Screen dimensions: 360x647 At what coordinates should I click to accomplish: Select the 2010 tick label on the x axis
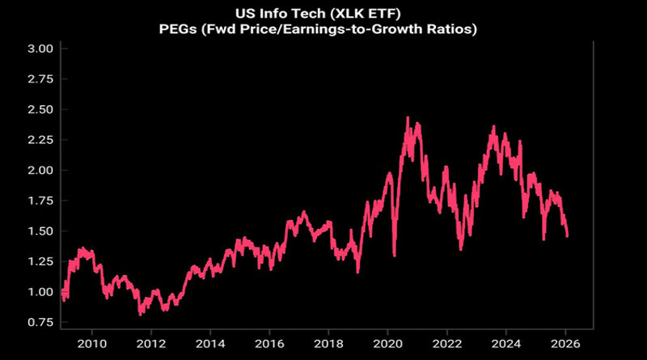[92, 343]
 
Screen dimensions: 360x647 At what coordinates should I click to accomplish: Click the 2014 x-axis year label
[210, 343]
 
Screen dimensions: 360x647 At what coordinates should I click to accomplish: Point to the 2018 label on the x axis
[328, 343]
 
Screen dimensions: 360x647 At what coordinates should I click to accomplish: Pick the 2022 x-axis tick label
[446, 343]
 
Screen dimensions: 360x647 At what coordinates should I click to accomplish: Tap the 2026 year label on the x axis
[565, 343]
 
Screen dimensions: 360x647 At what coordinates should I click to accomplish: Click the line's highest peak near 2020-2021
[408, 118]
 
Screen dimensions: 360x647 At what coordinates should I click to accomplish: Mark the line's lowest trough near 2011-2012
[141, 313]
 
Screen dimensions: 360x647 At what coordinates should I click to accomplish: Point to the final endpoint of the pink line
[567, 235]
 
